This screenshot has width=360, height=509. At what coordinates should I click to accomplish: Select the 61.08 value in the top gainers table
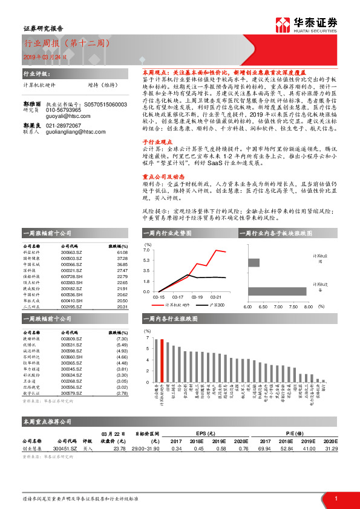pos(122,253)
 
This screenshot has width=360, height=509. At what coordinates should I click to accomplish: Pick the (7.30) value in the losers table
pos(121,339)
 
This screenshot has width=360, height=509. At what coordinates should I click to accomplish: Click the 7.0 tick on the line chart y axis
pos(146,250)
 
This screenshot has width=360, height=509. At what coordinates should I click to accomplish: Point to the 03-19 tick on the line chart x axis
pos(197,297)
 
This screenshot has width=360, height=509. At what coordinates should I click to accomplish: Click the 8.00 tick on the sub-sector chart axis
pos(308,307)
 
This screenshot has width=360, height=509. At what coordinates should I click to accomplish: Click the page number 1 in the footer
pos(335,499)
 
